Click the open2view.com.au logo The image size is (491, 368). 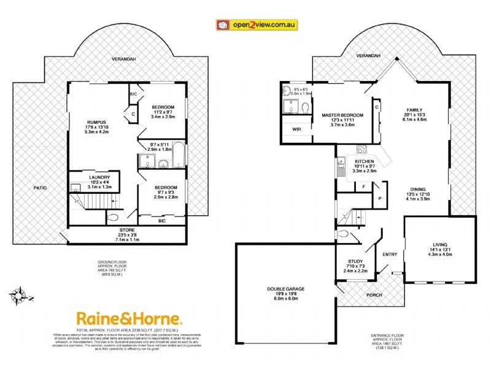click(x=257, y=25)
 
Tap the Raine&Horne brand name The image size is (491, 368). click(x=129, y=318)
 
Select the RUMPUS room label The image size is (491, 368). click(x=98, y=121)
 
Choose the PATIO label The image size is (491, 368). click(x=41, y=188)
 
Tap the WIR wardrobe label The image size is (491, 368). click(x=296, y=129)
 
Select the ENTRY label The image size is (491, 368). click(x=390, y=255)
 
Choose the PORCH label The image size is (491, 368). click(x=374, y=295)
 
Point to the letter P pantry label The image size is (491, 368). click(x=380, y=199)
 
